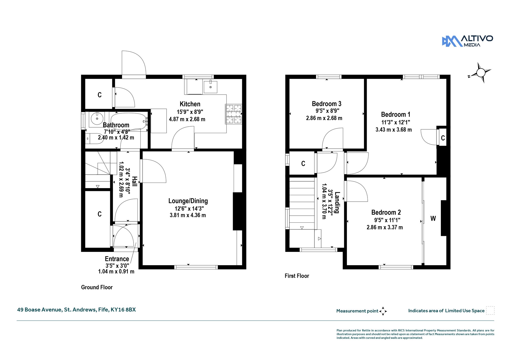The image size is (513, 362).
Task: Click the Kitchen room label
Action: click(x=190, y=104)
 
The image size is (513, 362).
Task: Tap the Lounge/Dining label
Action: click(x=188, y=201)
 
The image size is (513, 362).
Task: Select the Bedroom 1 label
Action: click(x=396, y=115)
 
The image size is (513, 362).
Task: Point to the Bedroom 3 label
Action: click(x=327, y=104)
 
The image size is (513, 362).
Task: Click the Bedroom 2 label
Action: click(x=386, y=212)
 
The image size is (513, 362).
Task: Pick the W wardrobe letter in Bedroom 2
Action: click(x=433, y=218)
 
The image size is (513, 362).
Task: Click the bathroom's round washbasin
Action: click(x=97, y=118)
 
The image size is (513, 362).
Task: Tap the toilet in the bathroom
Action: click(x=94, y=139)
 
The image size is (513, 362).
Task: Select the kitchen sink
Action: click(x=210, y=87)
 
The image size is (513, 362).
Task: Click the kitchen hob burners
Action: click(x=234, y=114)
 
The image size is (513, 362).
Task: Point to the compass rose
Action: click(x=480, y=73)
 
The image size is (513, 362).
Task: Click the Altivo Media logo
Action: click(x=467, y=41)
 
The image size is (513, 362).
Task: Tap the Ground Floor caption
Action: click(x=97, y=287)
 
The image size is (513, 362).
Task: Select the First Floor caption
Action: click(x=297, y=276)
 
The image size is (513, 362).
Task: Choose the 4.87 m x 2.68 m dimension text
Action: click(x=187, y=119)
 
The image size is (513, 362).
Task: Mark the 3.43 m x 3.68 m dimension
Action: click(x=394, y=130)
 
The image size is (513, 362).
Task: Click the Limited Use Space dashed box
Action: click(x=490, y=310)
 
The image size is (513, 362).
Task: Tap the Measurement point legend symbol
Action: click(x=383, y=311)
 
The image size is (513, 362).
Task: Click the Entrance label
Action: click(x=117, y=259)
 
